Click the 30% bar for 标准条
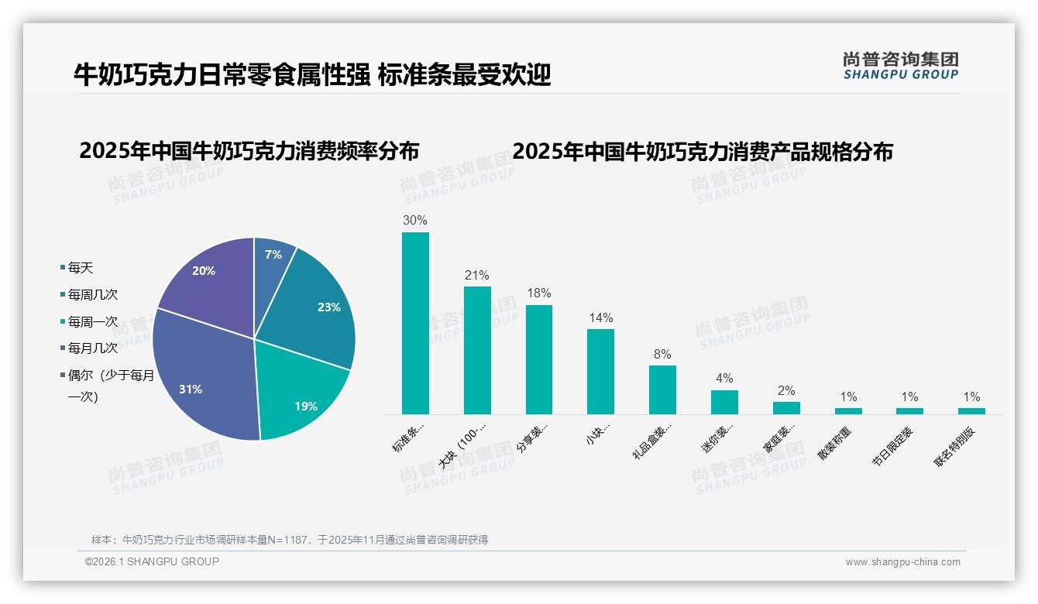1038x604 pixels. coord(415,323)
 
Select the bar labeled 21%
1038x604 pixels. coord(477,350)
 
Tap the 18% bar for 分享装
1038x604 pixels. coord(539,359)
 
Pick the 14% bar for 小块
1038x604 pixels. coord(600,372)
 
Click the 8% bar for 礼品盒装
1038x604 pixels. coord(662,390)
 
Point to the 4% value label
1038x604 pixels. coord(724,378)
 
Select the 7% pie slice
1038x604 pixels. coord(273,256)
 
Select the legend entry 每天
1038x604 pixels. coord(80,268)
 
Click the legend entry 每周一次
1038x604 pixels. coord(92,321)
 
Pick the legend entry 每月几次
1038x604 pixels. coord(92,348)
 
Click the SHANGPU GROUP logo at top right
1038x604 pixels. coord(900,65)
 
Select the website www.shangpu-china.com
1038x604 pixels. coord(902,562)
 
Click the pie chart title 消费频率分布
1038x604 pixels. coord(249,150)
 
